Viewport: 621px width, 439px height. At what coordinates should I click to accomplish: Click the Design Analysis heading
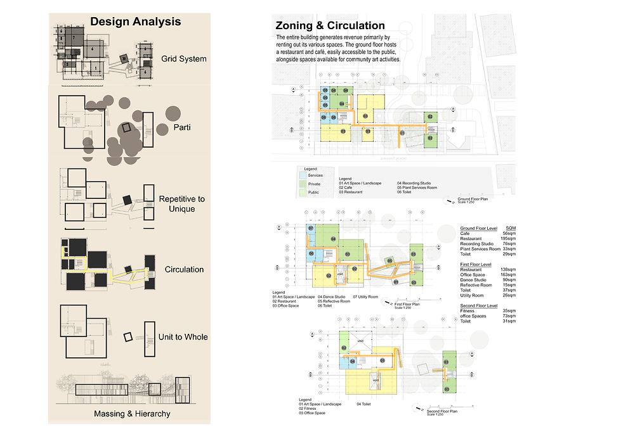[135, 22]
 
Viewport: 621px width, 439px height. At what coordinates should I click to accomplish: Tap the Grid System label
[184, 59]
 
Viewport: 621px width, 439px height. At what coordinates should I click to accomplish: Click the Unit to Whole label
[183, 336]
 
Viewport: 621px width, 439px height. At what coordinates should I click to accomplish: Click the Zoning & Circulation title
[330, 26]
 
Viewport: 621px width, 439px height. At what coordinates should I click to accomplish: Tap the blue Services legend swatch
[304, 175]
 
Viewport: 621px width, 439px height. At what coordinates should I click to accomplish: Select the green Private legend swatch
[304, 184]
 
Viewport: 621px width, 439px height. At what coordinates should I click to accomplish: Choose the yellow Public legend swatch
[304, 192]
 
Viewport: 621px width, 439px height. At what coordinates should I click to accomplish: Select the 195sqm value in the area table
[507, 238]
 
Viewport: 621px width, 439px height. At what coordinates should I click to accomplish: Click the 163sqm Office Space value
[507, 274]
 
